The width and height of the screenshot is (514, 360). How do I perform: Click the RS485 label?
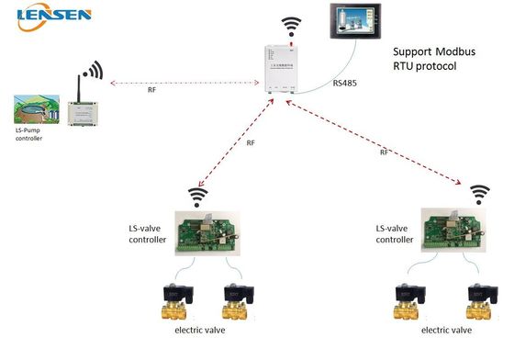pos(345,85)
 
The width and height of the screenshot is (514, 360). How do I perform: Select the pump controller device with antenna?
pos(79,111)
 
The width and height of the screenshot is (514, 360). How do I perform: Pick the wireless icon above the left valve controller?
pos(195,196)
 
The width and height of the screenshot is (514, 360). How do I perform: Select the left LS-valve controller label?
pos(148,234)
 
